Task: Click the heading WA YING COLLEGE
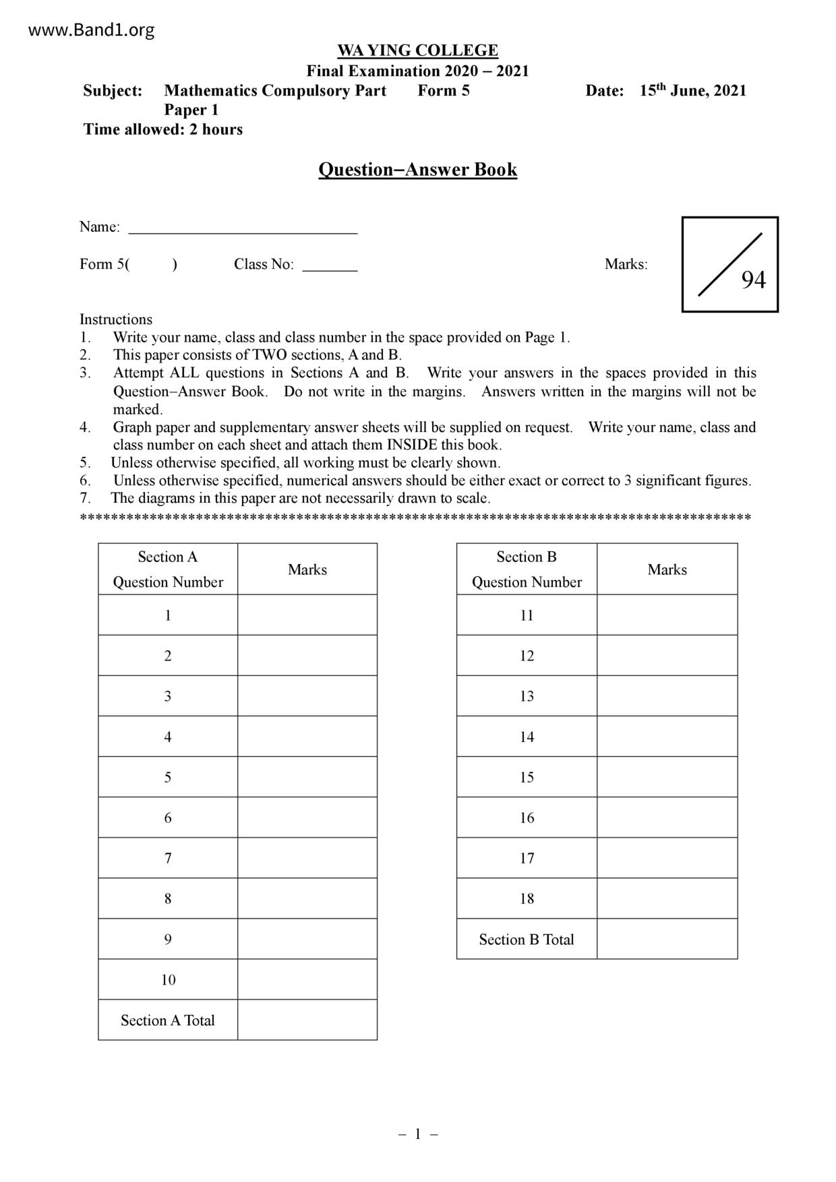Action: click(x=417, y=51)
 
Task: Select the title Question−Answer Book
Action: click(x=417, y=169)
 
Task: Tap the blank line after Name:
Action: click(x=243, y=228)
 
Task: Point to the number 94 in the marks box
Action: click(x=753, y=280)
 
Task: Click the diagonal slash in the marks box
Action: click(x=729, y=265)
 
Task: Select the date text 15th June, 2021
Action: click(x=692, y=91)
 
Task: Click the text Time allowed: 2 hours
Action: click(x=163, y=129)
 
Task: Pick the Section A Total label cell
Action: click(x=168, y=1020)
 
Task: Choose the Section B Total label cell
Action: click(x=527, y=939)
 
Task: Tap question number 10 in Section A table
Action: click(x=168, y=980)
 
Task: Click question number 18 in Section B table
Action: click(x=527, y=899)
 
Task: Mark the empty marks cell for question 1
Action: click(x=307, y=615)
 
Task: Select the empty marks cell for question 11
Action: click(x=667, y=615)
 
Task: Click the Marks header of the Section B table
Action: click(x=667, y=569)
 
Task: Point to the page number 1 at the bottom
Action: click(x=417, y=1134)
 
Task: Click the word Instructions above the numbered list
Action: click(x=116, y=319)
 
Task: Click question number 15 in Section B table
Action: click(x=527, y=778)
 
